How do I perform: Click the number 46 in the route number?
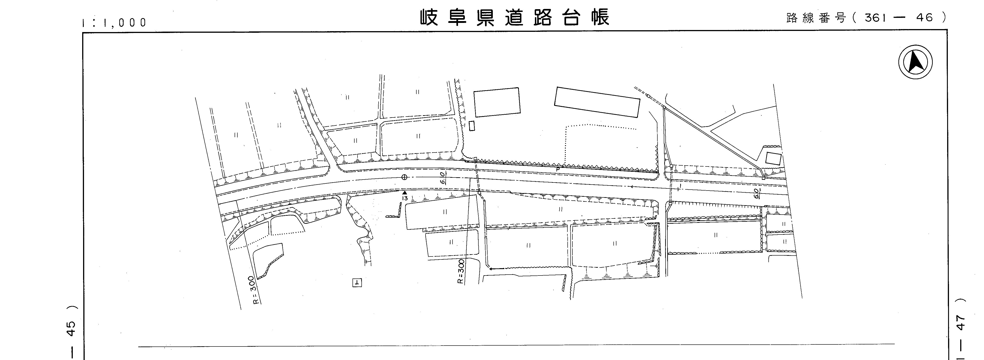pos(924,18)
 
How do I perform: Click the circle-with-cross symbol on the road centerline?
pos(404,177)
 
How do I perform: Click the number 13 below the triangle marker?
pos(405,198)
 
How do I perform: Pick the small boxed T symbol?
pos(357,283)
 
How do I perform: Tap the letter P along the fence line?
pos(558,169)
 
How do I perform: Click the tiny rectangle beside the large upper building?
pos(472,126)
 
